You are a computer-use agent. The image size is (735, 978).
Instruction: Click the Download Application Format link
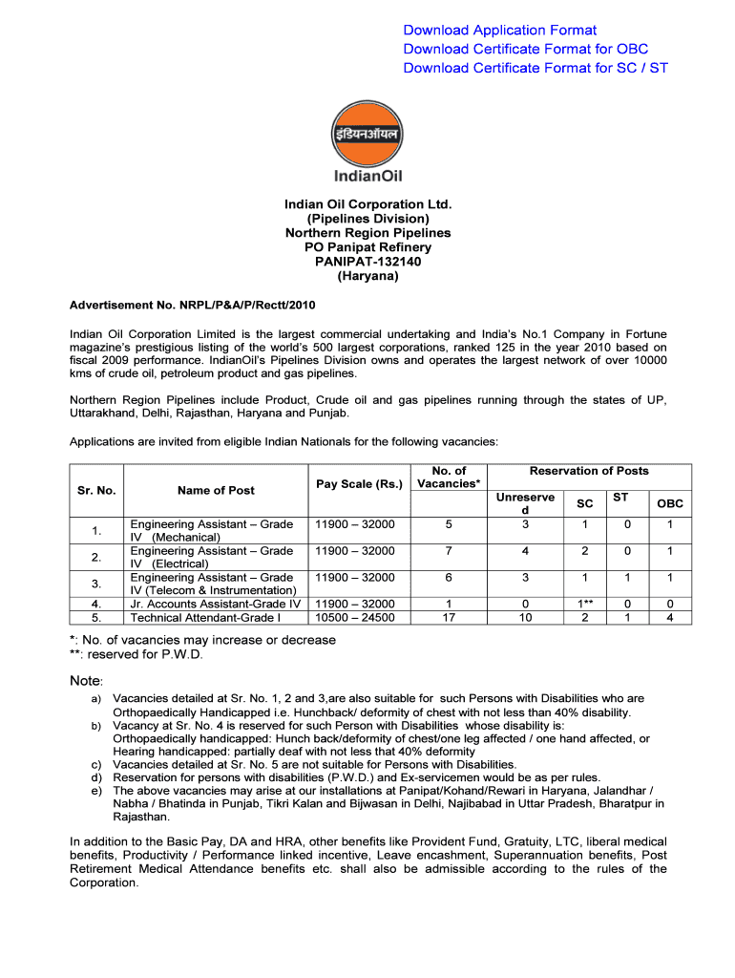tap(500, 31)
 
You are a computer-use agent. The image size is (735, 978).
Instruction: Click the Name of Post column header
tap(216, 490)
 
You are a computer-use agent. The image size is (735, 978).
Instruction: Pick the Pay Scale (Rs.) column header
tap(359, 484)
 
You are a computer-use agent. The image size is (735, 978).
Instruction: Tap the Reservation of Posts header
tap(589, 471)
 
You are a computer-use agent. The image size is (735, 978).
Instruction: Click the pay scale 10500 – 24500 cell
tap(354, 618)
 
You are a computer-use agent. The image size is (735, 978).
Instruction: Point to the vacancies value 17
tap(449, 618)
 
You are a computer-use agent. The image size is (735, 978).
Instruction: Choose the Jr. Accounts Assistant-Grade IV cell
tap(215, 604)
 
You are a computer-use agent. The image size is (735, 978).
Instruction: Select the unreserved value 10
tap(525, 618)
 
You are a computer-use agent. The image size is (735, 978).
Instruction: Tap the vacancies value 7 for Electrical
tap(449, 551)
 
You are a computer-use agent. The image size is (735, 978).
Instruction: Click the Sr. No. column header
tap(96, 490)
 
